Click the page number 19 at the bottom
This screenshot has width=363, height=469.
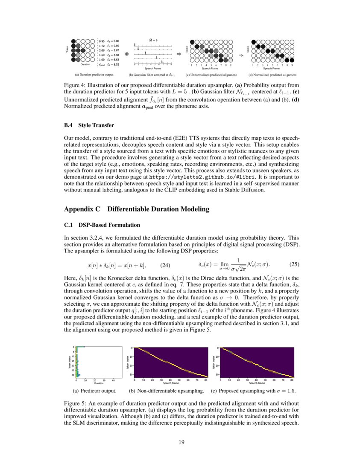click(181, 442)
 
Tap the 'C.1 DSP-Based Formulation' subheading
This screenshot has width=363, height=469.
click(102, 225)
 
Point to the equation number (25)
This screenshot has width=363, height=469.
click(295, 264)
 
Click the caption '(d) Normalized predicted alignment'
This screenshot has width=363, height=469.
click(273, 75)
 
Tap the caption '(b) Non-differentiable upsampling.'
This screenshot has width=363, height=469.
click(166, 391)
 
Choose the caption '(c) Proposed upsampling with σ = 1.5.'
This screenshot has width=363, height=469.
click(254, 391)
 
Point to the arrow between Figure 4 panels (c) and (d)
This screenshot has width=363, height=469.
click(241, 55)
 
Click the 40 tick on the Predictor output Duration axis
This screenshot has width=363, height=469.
click(113, 380)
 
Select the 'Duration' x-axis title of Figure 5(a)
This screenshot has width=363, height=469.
click(99, 383)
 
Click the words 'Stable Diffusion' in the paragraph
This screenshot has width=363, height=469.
click(243, 190)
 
